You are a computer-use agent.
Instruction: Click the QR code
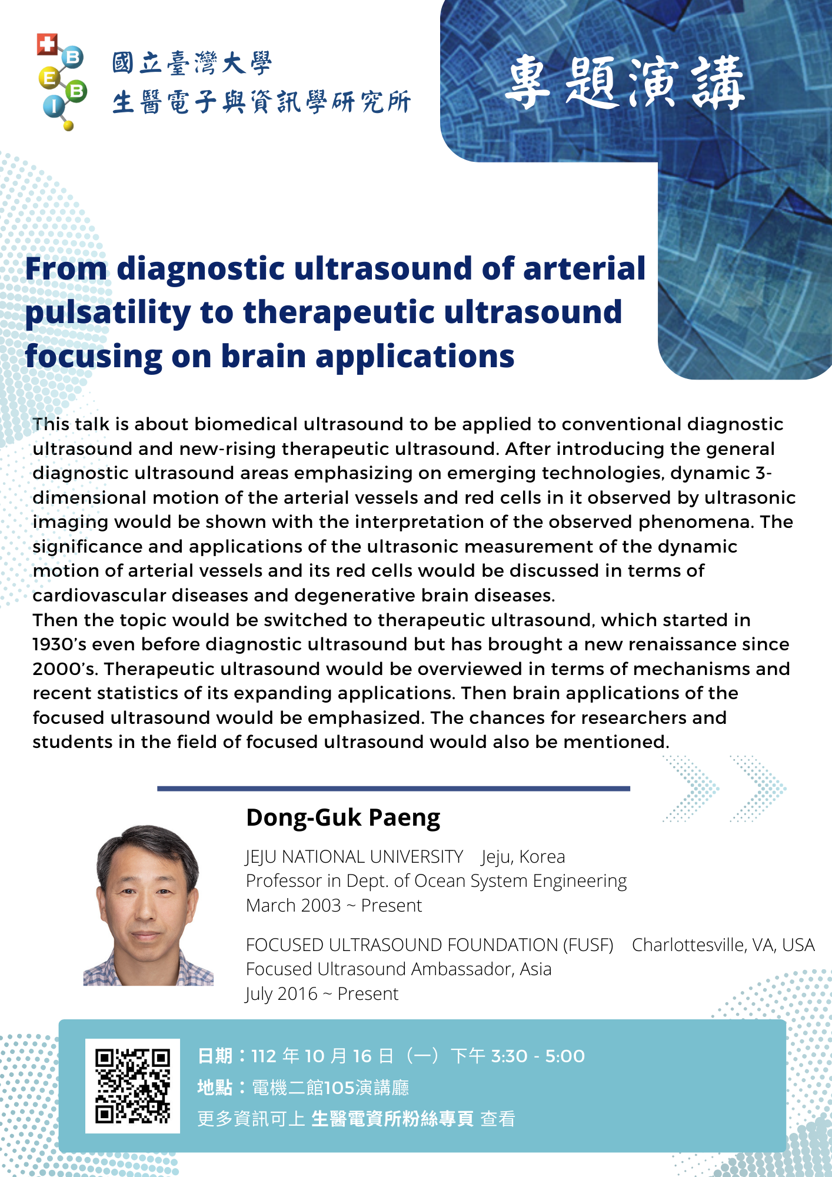132,1086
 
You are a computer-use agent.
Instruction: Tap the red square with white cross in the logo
46,45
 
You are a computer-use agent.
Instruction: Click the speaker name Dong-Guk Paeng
343,818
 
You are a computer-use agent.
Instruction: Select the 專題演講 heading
625,83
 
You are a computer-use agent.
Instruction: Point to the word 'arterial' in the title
584,268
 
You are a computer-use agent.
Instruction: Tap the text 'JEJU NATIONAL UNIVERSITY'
354,857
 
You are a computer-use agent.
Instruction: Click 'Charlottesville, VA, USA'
723,945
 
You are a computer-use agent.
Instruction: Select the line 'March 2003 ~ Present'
334,905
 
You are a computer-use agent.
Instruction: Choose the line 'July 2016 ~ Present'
322,993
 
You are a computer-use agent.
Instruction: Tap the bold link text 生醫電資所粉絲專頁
392,1118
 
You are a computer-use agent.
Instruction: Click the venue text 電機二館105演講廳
331,1087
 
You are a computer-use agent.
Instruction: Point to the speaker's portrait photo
148,905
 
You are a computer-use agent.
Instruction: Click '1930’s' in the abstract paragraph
59,644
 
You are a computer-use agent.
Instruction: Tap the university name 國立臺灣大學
192,63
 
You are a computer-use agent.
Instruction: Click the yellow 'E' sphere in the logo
49,78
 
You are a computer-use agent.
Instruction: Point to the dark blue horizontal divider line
394,788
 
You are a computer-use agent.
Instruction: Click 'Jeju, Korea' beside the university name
523,857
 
